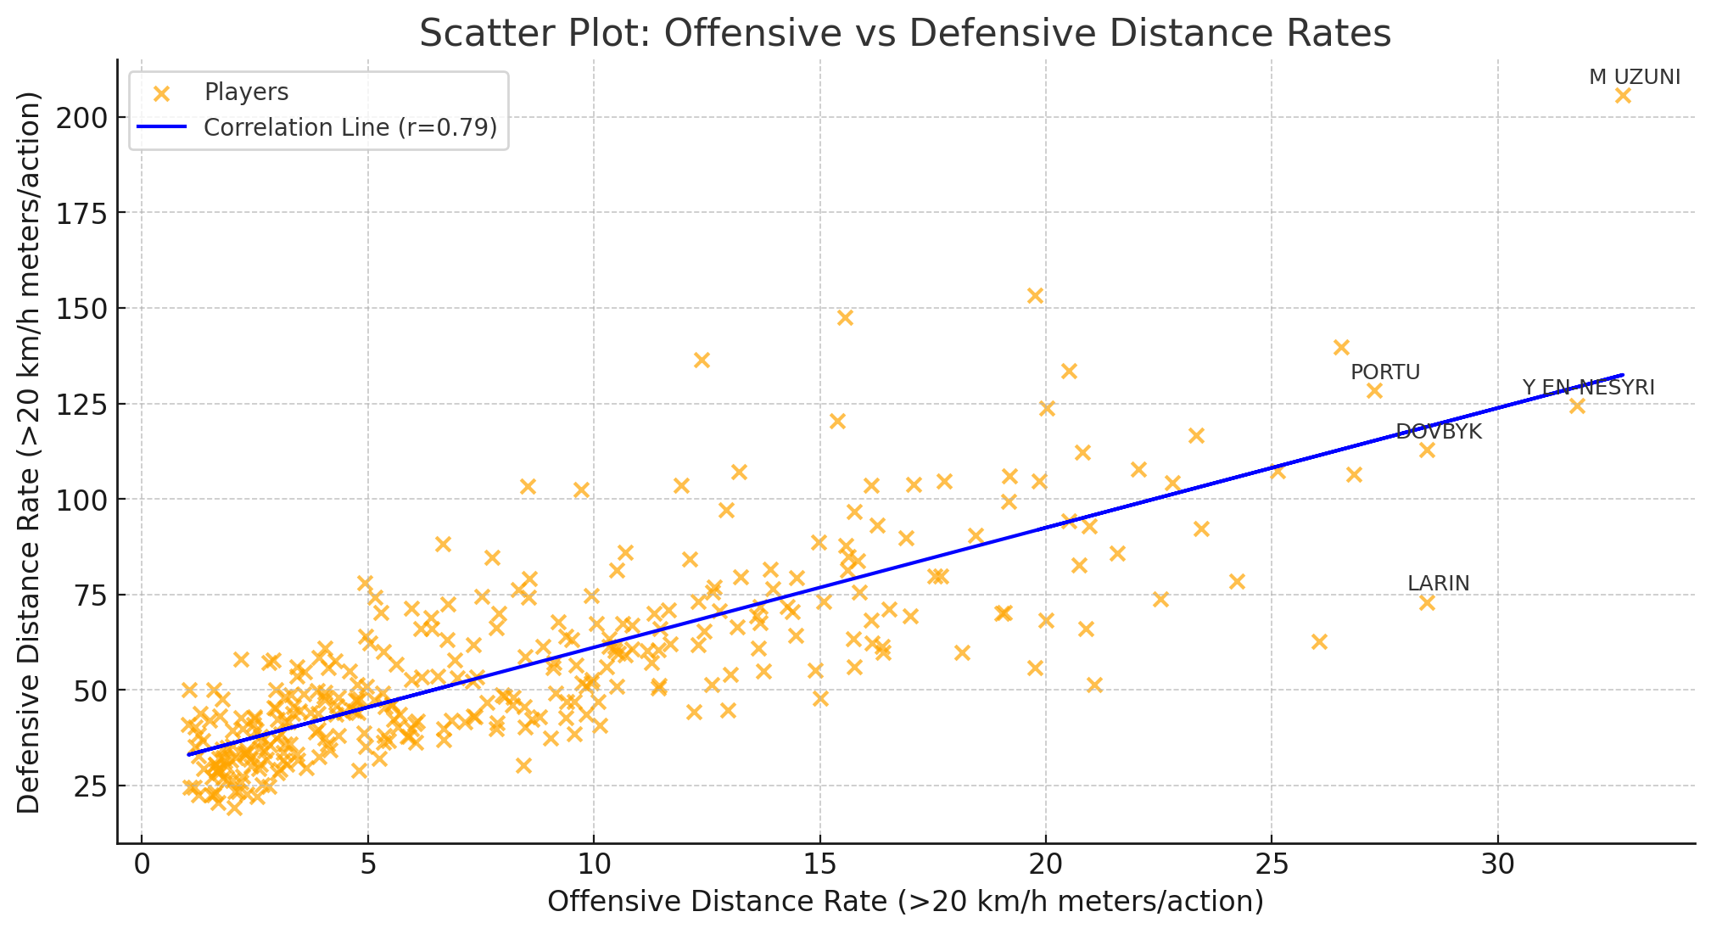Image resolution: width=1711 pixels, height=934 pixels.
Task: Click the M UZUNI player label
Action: [1634, 77]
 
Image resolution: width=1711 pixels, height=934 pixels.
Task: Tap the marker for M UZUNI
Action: [1623, 96]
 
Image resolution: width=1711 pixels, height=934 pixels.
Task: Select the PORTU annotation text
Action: [1384, 372]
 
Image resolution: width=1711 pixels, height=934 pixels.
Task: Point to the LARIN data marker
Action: [1427, 602]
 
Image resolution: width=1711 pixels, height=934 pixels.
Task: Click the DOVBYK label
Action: [1438, 432]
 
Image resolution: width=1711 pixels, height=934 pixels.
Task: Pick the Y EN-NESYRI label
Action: [1588, 388]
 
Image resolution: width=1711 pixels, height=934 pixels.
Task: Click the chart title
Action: [905, 34]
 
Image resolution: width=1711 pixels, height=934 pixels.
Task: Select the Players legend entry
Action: [246, 92]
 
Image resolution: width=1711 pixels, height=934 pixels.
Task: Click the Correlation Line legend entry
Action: [349, 127]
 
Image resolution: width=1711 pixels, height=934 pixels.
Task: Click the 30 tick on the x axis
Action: [1497, 864]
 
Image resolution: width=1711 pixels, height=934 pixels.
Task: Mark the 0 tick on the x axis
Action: [142, 864]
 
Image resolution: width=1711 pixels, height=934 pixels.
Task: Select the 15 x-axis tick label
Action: [819, 864]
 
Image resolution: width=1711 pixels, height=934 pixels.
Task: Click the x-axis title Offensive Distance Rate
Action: [905, 902]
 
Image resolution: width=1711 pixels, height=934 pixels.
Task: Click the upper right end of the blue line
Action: [1622, 375]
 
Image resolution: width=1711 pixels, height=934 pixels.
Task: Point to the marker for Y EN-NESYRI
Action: [1577, 406]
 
